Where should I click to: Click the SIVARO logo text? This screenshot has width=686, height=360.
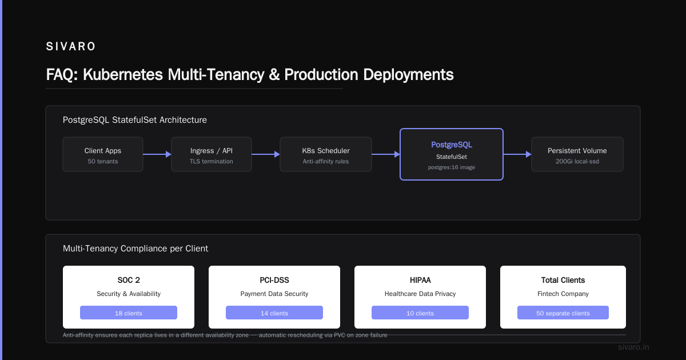pyautogui.click(x=71, y=46)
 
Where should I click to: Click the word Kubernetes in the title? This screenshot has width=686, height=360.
pyautogui.click(x=123, y=74)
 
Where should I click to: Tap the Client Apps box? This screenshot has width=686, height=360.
pyautogui.click(x=103, y=154)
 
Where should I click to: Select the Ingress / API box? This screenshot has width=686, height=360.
pyautogui.click(x=212, y=154)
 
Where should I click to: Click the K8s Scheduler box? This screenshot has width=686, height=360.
pyautogui.click(x=326, y=154)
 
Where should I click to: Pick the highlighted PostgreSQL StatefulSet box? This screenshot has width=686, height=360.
pyautogui.click(x=452, y=154)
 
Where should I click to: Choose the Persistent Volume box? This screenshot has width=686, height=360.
pyautogui.click(x=577, y=154)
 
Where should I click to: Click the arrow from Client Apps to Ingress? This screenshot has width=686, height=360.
pyautogui.click(x=157, y=154)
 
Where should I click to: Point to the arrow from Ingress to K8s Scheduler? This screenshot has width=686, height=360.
pyautogui.click(x=266, y=154)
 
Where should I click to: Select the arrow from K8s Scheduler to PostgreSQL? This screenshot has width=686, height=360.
pyautogui.click(x=386, y=154)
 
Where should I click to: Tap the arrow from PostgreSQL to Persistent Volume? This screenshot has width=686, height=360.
pyautogui.click(x=517, y=154)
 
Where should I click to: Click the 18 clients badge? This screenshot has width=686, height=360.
pyautogui.click(x=129, y=313)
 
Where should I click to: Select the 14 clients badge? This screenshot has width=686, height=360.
pyautogui.click(x=274, y=313)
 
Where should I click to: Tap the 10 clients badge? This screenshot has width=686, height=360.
pyautogui.click(x=420, y=313)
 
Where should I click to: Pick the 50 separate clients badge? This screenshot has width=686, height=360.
pyautogui.click(x=563, y=313)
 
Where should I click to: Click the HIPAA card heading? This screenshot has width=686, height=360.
pyautogui.click(x=420, y=280)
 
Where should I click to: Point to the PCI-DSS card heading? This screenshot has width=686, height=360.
pyautogui.click(x=274, y=280)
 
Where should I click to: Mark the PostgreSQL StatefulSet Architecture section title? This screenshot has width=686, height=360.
pyautogui.click(x=135, y=119)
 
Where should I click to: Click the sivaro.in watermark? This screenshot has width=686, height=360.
pyautogui.click(x=633, y=347)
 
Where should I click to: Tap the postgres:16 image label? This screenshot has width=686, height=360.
pyautogui.click(x=452, y=167)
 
